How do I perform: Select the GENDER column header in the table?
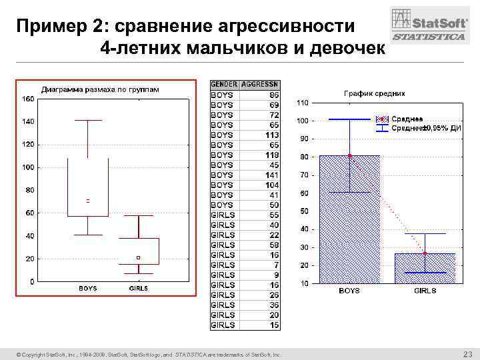click(223, 85)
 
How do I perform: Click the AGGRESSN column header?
click(261, 85)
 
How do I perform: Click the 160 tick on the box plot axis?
click(28, 99)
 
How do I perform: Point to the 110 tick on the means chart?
click(303, 103)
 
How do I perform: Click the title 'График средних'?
click(374, 93)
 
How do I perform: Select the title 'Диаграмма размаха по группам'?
click(100, 89)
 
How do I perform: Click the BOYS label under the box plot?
click(88, 289)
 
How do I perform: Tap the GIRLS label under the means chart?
click(425, 291)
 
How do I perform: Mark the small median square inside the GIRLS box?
click(138, 257)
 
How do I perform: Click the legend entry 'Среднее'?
click(405, 119)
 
